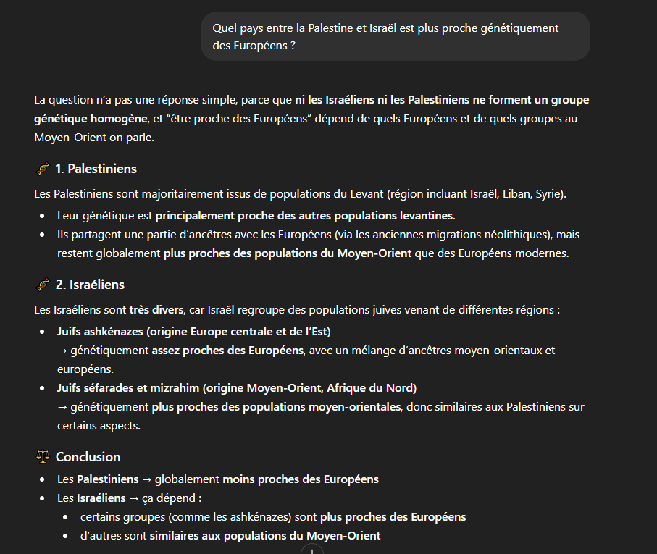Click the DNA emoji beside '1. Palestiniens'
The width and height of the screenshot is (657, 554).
(43, 169)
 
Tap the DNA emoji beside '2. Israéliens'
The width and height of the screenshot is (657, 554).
(43, 285)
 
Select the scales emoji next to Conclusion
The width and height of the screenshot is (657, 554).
(43, 457)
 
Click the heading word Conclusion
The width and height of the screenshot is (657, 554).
(88, 457)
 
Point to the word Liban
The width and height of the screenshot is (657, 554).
(504, 194)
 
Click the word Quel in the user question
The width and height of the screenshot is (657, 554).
(225, 28)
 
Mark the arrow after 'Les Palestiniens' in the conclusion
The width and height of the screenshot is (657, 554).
(146, 479)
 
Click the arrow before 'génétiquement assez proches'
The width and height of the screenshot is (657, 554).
(62, 351)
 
